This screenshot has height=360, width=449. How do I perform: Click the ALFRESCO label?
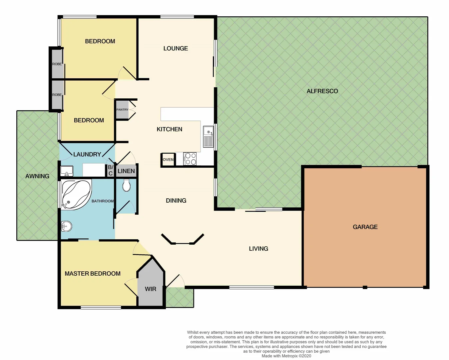tap(322, 91)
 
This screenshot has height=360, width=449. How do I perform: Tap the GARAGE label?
tap(365, 227)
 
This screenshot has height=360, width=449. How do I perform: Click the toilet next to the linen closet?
tap(126, 186)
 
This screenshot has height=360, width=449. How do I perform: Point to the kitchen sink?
tap(209, 137)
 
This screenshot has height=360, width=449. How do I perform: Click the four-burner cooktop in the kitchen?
tap(190, 159)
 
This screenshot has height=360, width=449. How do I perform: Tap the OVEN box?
tap(168, 160)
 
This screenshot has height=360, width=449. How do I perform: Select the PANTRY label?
tap(122, 110)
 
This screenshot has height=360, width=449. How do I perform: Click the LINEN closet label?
tap(126, 171)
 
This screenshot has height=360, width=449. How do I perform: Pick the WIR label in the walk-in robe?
tap(151, 289)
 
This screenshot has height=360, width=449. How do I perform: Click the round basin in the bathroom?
tap(66, 226)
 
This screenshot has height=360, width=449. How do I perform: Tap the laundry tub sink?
tap(67, 171)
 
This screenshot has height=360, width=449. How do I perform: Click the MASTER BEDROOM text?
tap(93, 274)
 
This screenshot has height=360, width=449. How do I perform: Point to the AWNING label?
tap(37, 176)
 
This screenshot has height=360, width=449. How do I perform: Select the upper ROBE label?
tap(57, 64)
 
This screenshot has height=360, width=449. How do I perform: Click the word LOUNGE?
tap(176, 48)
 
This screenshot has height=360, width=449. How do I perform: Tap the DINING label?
tap(176, 201)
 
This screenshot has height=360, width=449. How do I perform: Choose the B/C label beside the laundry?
tap(111, 170)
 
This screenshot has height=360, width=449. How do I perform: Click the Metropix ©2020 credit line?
tap(286, 356)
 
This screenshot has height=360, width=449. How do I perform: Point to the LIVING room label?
tap(258, 249)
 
